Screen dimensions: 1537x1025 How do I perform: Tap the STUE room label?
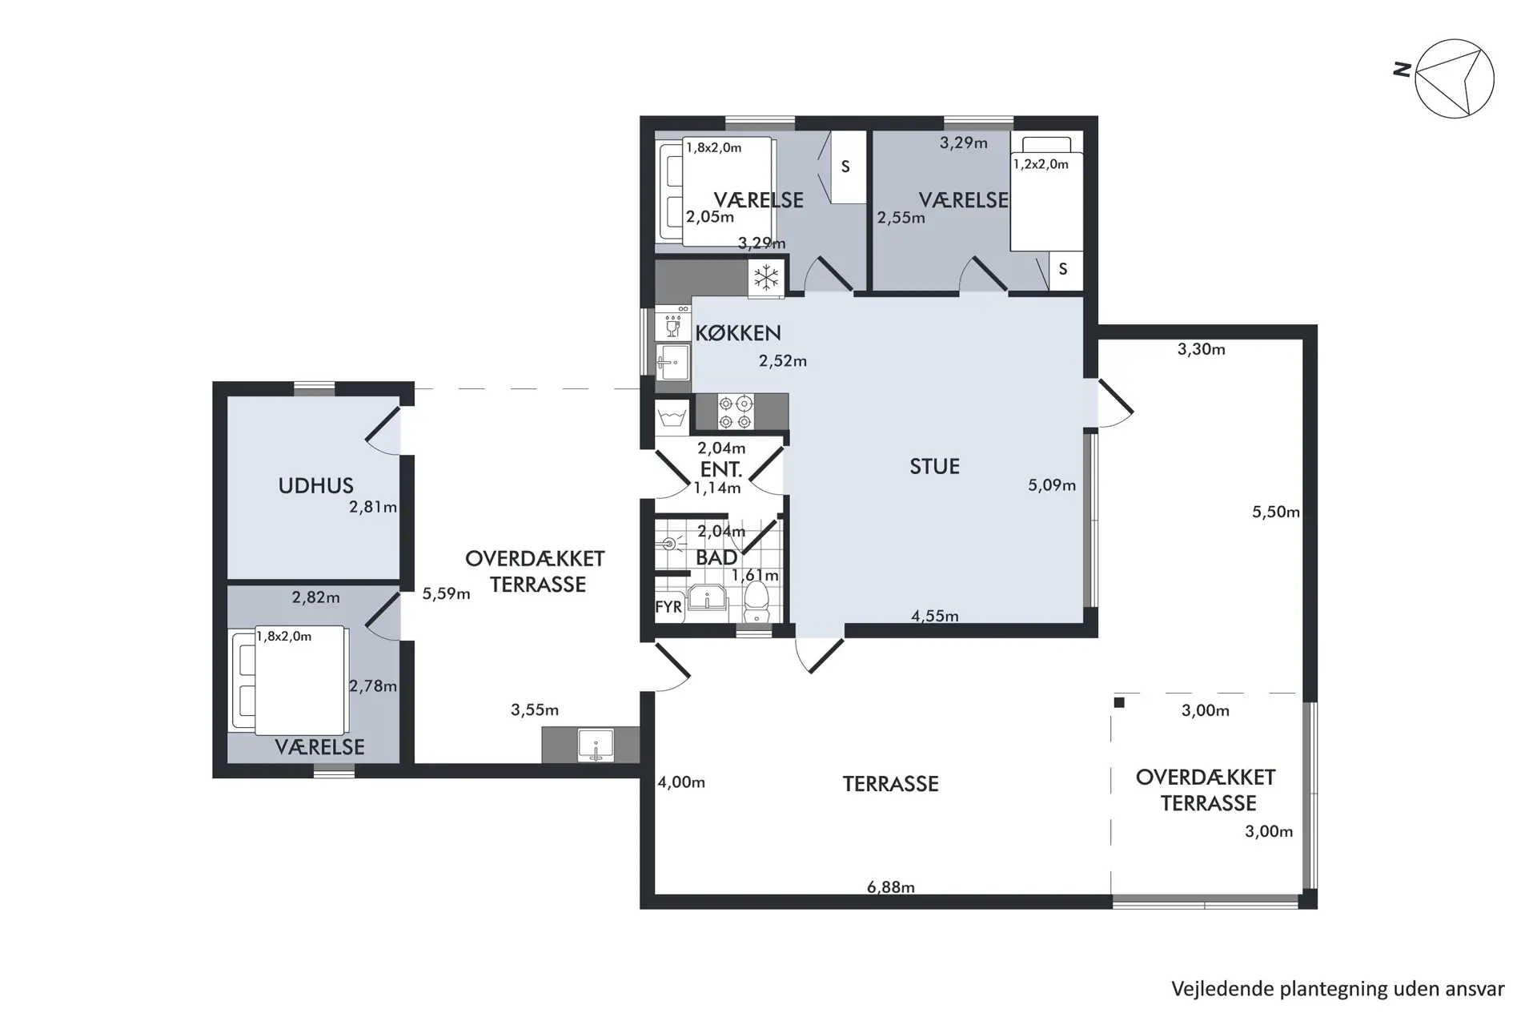[x=934, y=467]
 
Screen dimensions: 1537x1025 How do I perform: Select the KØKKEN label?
[x=737, y=333]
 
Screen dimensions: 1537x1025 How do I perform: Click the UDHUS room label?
[x=315, y=485]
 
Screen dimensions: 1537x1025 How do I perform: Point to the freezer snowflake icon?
[x=766, y=278]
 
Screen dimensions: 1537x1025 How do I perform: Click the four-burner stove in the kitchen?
[x=736, y=412]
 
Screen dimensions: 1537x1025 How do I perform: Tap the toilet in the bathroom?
[x=756, y=601]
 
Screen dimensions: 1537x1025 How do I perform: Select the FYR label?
[x=668, y=607]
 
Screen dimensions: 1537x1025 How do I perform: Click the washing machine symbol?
[x=672, y=417]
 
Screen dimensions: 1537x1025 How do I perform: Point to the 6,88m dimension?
[x=890, y=887]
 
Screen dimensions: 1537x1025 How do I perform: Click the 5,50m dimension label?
[x=1276, y=512]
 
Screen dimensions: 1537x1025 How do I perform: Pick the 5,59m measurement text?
[x=446, y=594]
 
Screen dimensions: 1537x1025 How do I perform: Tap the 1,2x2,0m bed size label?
[x=1041, y=164]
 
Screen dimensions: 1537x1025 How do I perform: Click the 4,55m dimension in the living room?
[x=934, y=616]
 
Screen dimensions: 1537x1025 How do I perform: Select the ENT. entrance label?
[x=720, y=470]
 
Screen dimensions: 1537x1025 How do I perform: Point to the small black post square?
[x=1119, y=703]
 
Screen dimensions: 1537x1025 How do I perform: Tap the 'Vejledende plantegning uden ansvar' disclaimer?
[x=1338, y=989]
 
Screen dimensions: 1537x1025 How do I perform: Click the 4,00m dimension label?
[x=681, y=782]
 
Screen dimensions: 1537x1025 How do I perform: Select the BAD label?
[x=716, y=558]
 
